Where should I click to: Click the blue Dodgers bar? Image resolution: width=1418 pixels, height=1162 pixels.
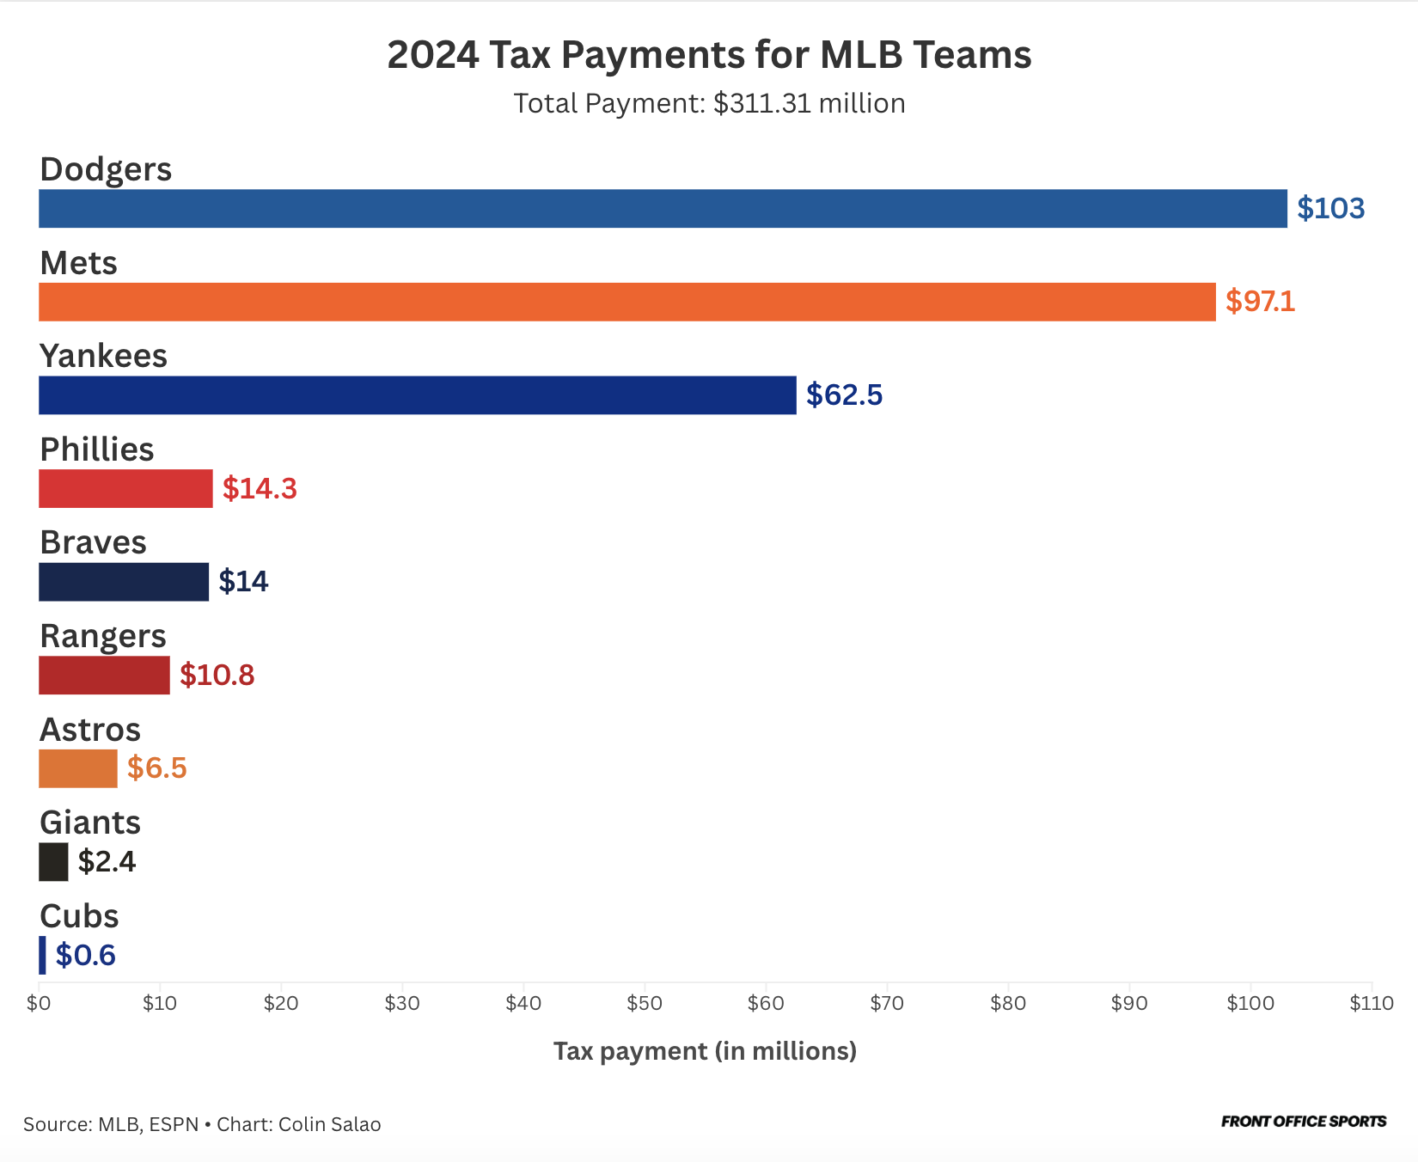[x=663, y=209]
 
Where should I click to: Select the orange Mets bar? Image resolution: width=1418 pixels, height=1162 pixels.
[x=627, y=302]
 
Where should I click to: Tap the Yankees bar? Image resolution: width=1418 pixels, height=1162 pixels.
[x=418, y=395]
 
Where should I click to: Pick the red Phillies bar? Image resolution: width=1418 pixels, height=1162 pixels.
[x=125, y=488]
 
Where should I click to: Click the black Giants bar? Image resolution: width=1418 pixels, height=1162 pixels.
[x=53, y=862]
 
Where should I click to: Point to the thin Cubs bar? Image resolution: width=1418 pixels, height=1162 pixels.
[x=42, y=955]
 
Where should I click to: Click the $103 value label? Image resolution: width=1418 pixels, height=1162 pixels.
[x=1330, y=209]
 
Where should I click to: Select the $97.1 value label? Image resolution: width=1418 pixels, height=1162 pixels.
[x=1260, y=302]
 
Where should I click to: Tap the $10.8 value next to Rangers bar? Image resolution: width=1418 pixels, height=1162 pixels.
[x=217, y=676]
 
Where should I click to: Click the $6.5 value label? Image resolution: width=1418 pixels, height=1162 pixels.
[x=156, y=768]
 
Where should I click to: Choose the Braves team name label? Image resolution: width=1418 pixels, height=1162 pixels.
[x=93, y=543]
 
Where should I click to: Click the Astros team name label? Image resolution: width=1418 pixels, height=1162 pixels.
[x=90, y=730]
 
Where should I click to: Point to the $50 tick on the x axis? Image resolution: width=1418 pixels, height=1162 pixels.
[x=645, y=1003]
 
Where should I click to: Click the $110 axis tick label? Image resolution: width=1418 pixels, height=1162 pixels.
[x=1371, y=1003]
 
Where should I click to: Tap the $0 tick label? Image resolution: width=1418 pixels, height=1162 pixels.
[x=39, y=1003]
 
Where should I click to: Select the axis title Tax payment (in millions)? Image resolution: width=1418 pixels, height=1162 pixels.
[x=705, y=1051]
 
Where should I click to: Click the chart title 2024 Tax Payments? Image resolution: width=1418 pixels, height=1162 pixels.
[x=709, y=55]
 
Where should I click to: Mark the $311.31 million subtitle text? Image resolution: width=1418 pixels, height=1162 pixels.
[x=809, y=103]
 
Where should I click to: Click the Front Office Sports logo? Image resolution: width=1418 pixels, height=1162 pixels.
[x=1303, y=1122]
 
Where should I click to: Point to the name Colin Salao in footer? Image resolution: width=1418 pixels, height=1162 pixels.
[x=329, y=1124]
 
